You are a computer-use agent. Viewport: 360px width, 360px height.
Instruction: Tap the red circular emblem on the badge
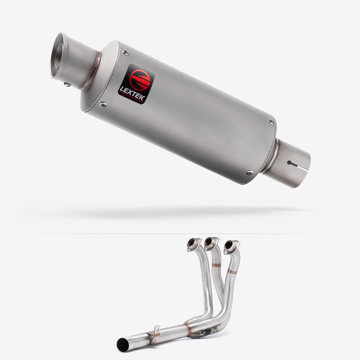(x=140, y=79)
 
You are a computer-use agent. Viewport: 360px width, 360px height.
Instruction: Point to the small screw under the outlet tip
(x=67, y=85)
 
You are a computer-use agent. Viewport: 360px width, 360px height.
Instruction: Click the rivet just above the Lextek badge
(x=125, y=53)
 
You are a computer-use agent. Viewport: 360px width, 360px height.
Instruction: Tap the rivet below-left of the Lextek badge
(x=103, y=105)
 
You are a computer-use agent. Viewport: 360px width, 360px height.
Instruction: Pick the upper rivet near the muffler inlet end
(x=271, y=122)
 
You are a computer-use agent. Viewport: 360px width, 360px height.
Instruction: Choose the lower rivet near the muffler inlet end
(x=249, y=172)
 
